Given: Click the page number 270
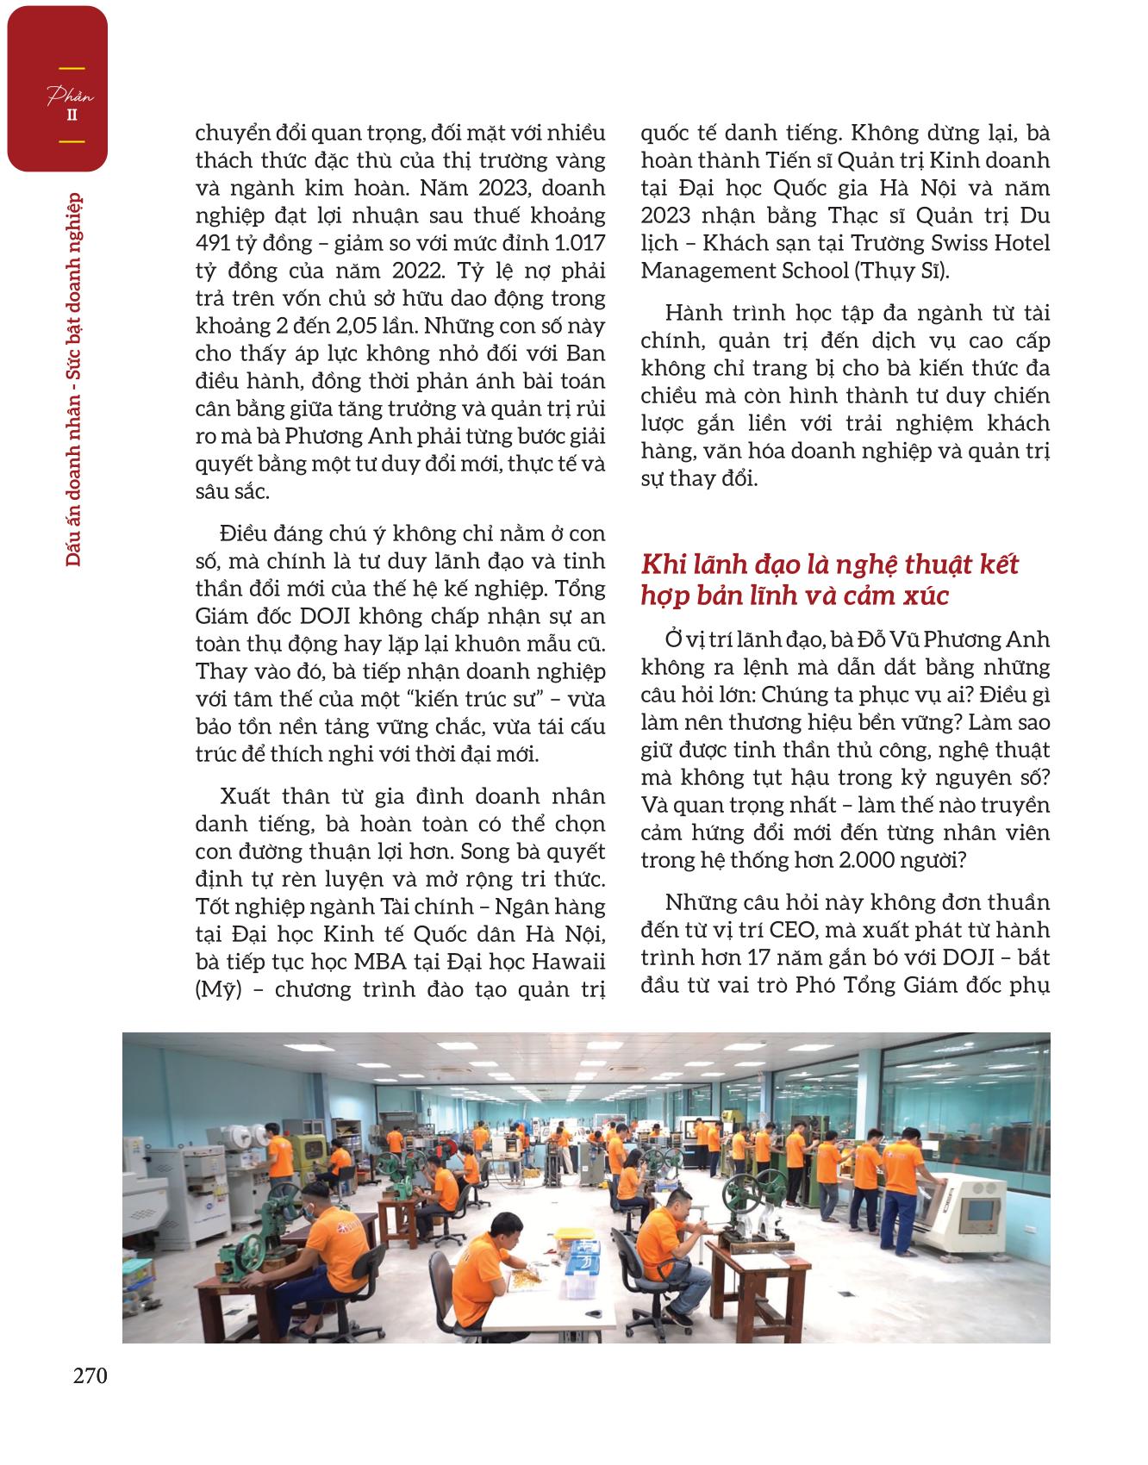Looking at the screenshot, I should (x=90, y=1375).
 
